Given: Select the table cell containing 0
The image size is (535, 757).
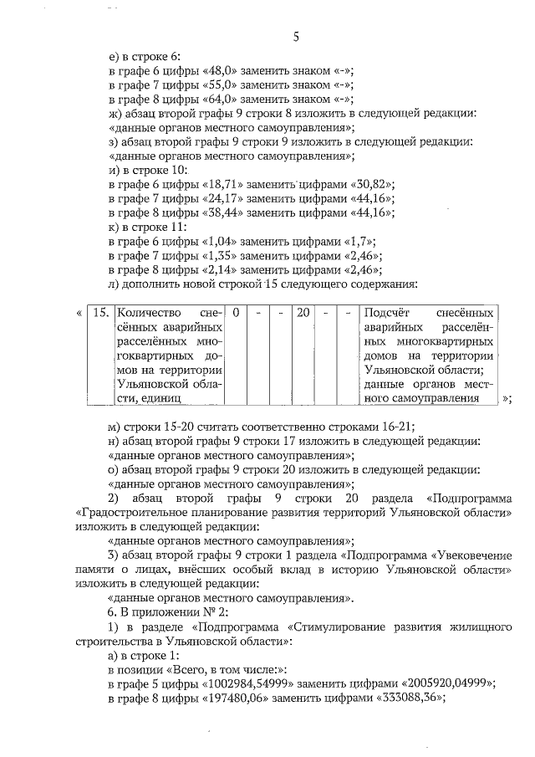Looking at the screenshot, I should [237, 313].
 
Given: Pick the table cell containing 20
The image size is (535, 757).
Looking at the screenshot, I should [303, 313].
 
